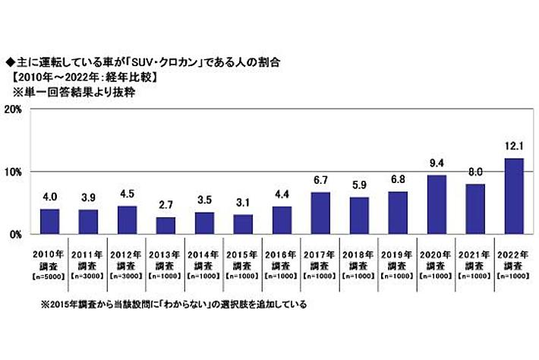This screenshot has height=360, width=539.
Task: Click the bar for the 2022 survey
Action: pos(515,197)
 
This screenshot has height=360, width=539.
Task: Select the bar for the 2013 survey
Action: pos(165,226)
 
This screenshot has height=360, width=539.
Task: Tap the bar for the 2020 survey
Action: pos(437,205)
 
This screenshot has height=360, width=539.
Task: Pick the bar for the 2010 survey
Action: pos(49,222)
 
